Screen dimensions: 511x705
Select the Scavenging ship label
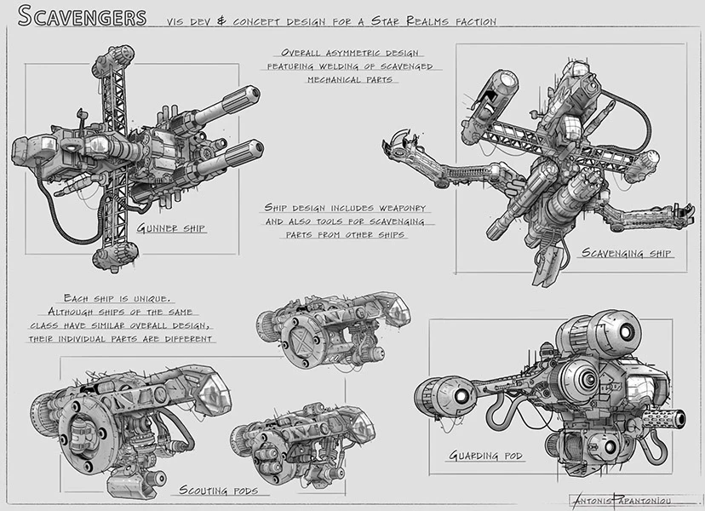pos(627,253)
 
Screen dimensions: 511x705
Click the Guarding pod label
pos(486,456)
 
